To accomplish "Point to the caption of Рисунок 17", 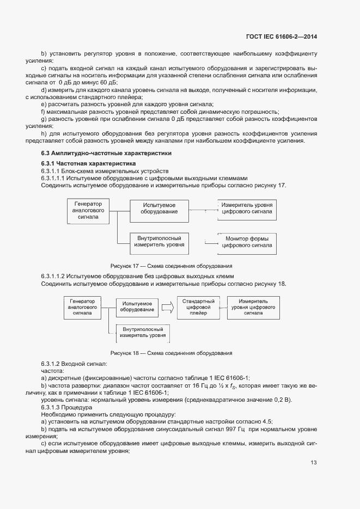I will (172, 266).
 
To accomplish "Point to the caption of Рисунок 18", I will (172, 353).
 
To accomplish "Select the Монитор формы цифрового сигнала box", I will (247, 242).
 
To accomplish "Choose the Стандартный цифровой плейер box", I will (198, 308).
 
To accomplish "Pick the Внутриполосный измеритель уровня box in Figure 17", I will (159, 241).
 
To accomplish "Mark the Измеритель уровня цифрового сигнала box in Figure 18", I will (253, 307).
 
